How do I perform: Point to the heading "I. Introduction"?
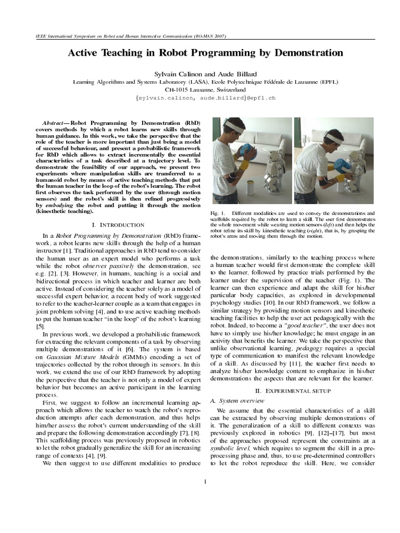point(118,225)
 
